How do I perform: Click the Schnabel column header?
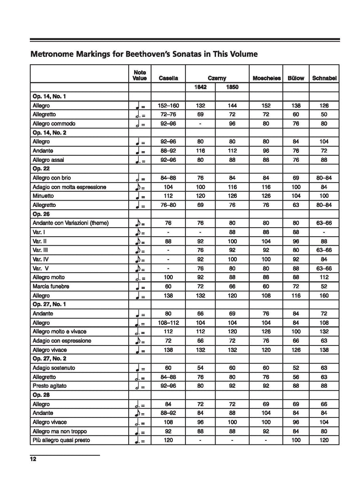point(324,78)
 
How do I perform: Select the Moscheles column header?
point(267,78)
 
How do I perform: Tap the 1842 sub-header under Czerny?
point(200,87)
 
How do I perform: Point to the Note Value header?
point(140,75)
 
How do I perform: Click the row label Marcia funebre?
point(51,286)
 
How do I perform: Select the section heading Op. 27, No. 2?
point(51,359)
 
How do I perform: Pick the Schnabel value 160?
point(324,295)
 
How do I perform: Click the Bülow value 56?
point(295,377)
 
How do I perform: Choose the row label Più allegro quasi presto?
point(61,440)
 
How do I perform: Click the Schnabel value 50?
point(324,114)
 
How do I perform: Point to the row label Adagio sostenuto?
point(54,368)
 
